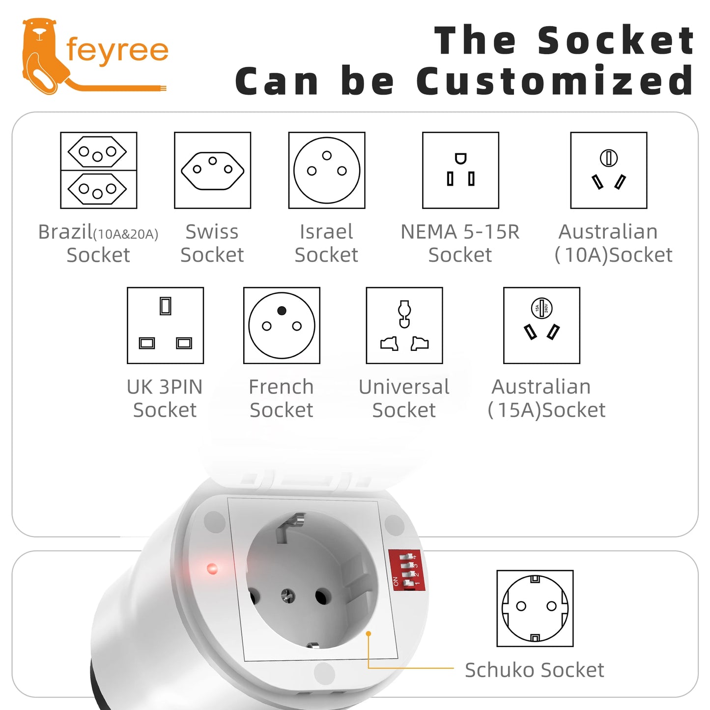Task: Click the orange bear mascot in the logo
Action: pyautogui.click(x=42, y=55)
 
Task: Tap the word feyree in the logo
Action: pyautogui.click(x=117, y=51)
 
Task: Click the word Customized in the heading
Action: pyautogui.click(x=555, y=80)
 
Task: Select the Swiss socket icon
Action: pyautogui.click(x=213, y=170)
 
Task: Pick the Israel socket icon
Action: pyautogui.click(x=327, y=170)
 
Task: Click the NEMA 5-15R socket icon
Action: pyautogui.click(x=460, y=170)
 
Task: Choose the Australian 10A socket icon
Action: pyautogui.click(x=609, y=170)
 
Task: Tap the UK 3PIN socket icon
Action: pyautogui.click(x=166, y=325)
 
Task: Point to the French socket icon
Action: pyautogui.click(x=282, y=325)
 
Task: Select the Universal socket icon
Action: pyautogui.click(x=404, y=325)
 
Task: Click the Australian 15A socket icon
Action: pyautogui.click(x=541, y=325)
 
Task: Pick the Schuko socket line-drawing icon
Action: pyautogui.click(x=535, y=608)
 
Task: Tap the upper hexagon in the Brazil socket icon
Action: pyautogui.click(x=97, y=151)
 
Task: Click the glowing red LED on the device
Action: pyautogui.click(x=212, y=568)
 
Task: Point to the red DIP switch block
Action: pyautogui.click(x=407, y=570)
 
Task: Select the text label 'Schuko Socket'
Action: pyautogui.click(x=534, y=670)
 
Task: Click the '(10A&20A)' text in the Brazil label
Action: pyautogui.click(x=126, y=234)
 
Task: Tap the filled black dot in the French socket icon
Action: pyautogui.click(x=282, y=311)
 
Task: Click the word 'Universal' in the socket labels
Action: pyautogui.click(x=404, y=387)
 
